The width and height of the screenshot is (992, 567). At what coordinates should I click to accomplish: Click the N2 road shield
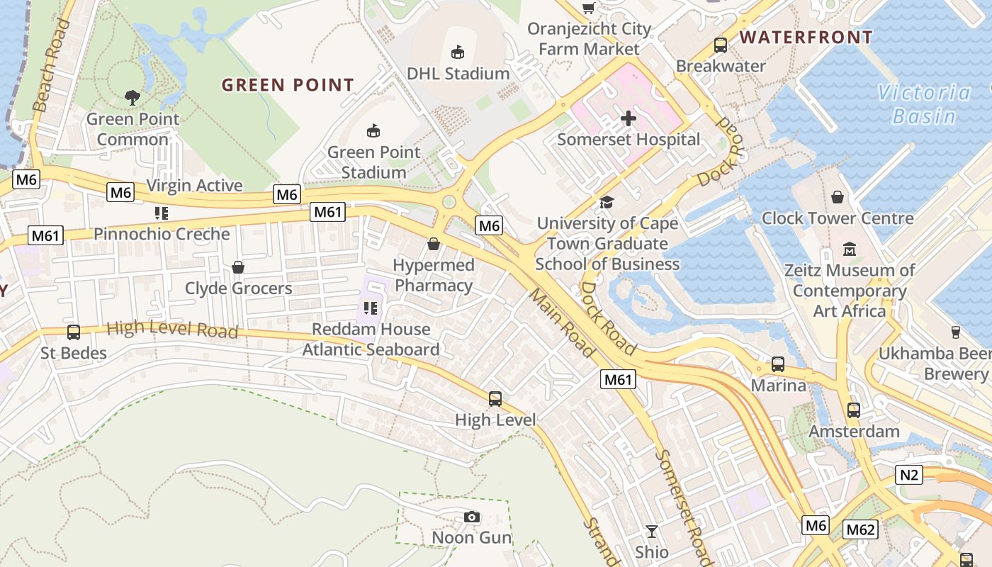[x=910, y=474]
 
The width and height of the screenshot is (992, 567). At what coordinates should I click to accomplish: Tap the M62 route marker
[x=861, y=529]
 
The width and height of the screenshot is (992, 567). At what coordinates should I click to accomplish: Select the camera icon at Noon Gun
[x=472, y=517]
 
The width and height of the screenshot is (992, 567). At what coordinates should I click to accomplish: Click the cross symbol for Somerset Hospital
[x=629, y=118]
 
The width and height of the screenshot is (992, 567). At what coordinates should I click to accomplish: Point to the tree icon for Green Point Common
[x=132, y=97]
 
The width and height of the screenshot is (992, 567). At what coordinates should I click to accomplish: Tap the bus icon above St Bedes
[x=73, y=332]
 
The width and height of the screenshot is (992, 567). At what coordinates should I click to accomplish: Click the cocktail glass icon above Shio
[x=652, y=531]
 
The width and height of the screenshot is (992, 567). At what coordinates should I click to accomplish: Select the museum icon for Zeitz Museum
[x=850, y=249]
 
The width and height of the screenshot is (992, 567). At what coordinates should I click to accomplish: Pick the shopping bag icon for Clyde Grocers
[x=238, y=267]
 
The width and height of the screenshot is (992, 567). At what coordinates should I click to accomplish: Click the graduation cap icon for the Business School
[x=607, y=203]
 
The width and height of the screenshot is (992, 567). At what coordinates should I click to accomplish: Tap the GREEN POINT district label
[x=288, y=85]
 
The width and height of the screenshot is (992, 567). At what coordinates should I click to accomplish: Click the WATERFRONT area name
[x=806, y=37]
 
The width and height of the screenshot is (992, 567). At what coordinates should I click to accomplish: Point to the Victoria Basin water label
[x=924, y=103]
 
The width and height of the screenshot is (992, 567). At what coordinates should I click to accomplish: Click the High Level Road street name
[x=172, y=330]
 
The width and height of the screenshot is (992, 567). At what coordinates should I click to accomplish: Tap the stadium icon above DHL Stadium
[x=458, y=52]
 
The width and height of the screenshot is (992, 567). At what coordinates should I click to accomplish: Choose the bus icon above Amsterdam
[x=854, y=410]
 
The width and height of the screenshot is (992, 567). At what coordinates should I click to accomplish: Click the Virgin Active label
[x=194, y=186]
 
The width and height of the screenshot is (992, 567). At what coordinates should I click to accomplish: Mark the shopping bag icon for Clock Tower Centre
[x=838, y=196]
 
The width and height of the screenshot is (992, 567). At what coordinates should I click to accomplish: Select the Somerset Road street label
[x=683, y=506]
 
